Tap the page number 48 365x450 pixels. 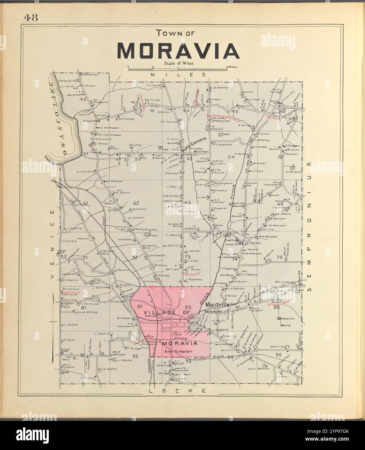[x=31, y=18]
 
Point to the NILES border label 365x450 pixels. [x=178, y=75]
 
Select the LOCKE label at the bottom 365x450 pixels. [x=177, y=391]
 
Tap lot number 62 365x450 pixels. [x=136, y=203]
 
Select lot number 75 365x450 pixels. [x=280, y=258]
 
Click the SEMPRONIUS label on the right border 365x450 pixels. [x=309, y=227]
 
